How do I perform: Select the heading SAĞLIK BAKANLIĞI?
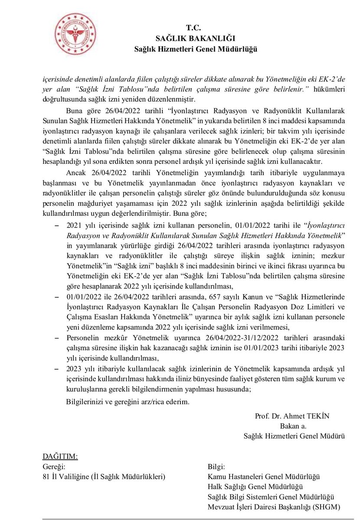pos(195,38)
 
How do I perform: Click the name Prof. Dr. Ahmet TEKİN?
pos(293,416)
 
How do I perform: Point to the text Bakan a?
pos(293,426)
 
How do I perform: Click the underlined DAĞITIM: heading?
pos(60,456)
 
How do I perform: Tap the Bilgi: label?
pos(216,467)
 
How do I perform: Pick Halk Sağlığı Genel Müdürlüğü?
pos(255,487)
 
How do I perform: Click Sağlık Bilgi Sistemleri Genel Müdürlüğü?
pos(272,497)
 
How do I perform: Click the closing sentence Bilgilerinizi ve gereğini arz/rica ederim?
pos(128,402)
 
